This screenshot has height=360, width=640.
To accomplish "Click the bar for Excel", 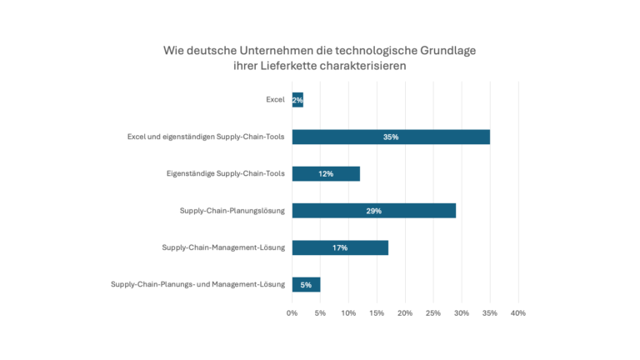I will pyautogui.click(x=297, y=100).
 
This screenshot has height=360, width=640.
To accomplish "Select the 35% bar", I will pyautogui.click(x=391, y=137).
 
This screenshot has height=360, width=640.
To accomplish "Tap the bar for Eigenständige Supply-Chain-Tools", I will pyautogui.click(x=326, y=173).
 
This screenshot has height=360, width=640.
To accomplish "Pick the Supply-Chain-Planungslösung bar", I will pyautogui.click(x=373, y=211).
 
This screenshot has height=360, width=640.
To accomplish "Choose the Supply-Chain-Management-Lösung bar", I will pyautogui.click(x=340, y=247).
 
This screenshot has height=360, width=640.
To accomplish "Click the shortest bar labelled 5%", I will pyautogui.click(x=306, y=284).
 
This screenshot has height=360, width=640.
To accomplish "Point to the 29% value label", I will pyautogui.click(x=373, y=211).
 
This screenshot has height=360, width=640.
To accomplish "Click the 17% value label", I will pyautogui.click(x=340, y=247).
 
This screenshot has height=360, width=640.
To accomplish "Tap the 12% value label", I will pyautogui.click(x=326, y=173).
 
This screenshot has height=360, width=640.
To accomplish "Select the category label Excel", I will pyautogui.click(x=274, y=100).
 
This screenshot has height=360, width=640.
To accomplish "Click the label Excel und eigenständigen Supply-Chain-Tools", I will pyautogui.click(x=206, y=137).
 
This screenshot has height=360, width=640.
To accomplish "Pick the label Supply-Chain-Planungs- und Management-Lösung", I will pyautogui.click(x=197, y=284).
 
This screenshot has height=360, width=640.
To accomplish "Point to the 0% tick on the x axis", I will pyautogui.click(x=292, y=313).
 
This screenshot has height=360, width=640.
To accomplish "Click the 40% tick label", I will pyautogui.click(x=517, y=313).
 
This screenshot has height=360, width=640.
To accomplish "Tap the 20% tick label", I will pyautogui.click(x=405, y=313).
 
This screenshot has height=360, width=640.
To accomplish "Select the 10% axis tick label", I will pyautogui.click(x=348, y=313).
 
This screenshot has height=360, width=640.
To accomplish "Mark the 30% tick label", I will pyautogui.click(x=461, y=313).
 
